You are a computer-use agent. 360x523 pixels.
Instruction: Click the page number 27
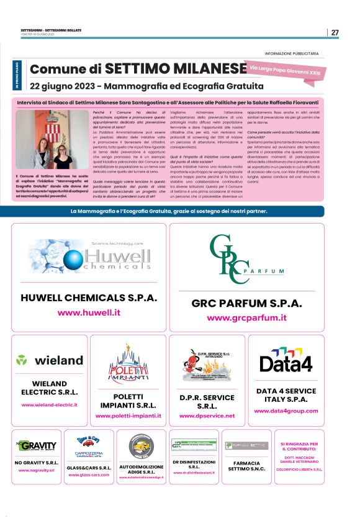click(335, 32)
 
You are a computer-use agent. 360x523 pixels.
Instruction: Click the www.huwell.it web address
click(89, 312)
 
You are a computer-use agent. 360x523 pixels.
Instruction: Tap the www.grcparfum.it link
click(246, 317)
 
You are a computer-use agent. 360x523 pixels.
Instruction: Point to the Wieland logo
click(50, 360)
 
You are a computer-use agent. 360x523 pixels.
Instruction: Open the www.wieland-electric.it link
click(50, 405)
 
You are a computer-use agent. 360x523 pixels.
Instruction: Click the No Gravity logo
click(36, 445)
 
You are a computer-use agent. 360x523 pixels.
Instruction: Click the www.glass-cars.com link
click(88, 475)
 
